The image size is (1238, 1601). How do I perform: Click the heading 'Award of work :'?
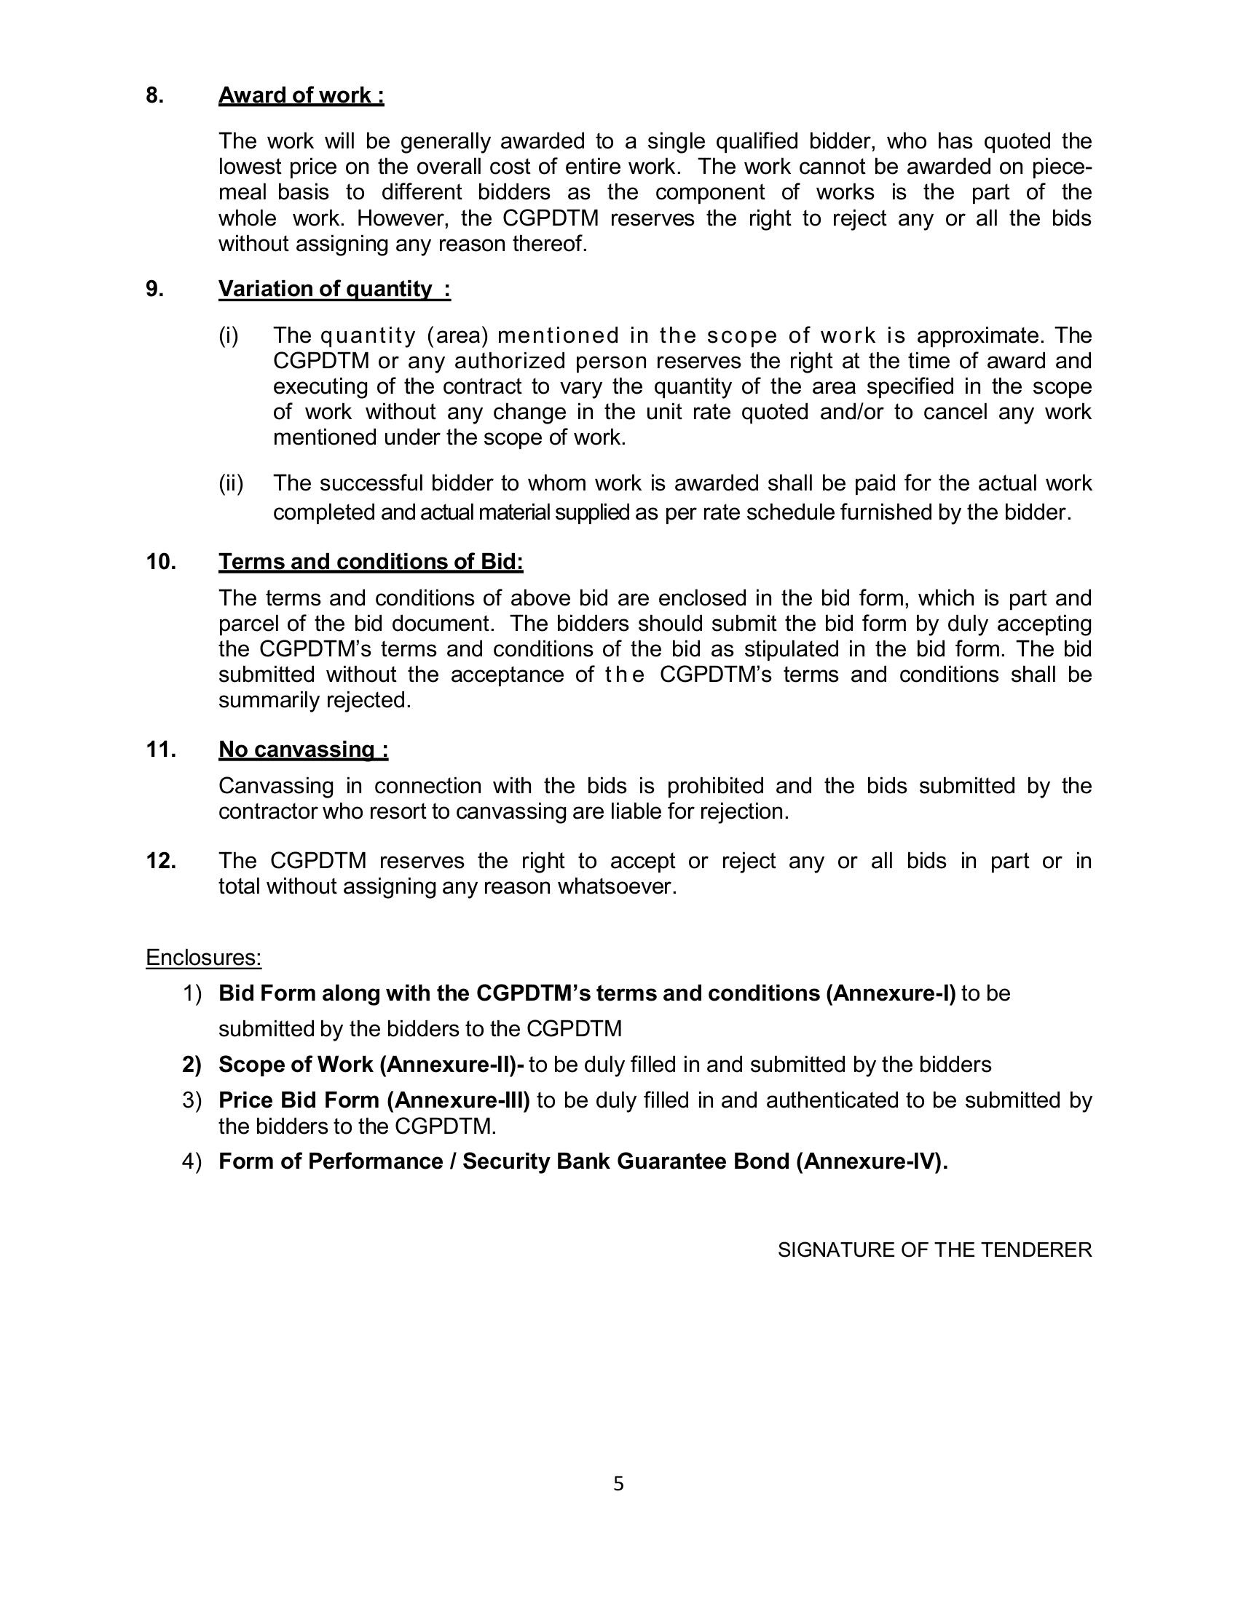[301, 96]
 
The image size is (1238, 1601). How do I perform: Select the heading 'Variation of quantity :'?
[334, 290]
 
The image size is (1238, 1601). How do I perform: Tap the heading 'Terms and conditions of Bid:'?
[371, 563]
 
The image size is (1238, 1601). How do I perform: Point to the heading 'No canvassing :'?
[303, 750]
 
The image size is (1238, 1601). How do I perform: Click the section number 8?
[154, 96]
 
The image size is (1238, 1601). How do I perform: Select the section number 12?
[161, 862]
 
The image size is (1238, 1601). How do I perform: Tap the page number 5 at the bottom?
[618, 1485]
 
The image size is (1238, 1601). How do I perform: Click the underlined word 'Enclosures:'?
[203, 958]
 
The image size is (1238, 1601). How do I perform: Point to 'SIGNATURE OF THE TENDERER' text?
[934, 1250]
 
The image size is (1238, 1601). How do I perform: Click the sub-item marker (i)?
[229, 335]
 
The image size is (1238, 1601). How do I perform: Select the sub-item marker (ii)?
[231, 484]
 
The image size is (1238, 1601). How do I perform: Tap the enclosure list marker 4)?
[192, 1162]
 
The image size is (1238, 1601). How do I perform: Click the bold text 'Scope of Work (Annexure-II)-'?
[371, 1065]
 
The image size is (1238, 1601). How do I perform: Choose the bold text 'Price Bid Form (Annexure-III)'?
[374, 1100]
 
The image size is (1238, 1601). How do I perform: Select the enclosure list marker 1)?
[192, 994]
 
